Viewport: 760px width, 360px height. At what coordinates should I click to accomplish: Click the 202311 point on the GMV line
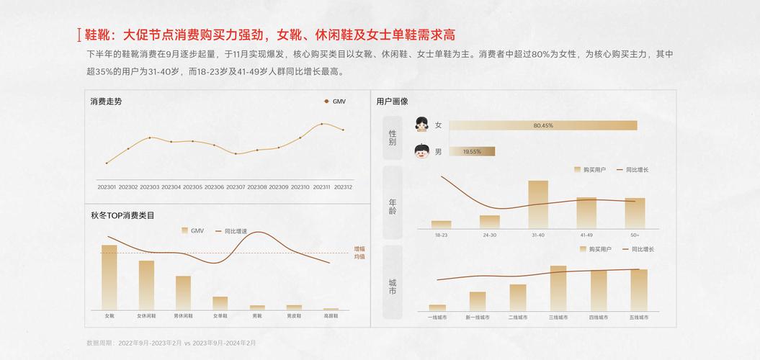tap(321, 124)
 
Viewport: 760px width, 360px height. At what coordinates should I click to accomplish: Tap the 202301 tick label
tap(107, 187)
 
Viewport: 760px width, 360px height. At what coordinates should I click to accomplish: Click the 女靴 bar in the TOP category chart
tap(109, 276)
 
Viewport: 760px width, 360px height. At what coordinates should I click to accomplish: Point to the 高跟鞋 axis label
tap(331, 316)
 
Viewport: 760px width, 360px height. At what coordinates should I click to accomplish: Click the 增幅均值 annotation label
tap(359, 252)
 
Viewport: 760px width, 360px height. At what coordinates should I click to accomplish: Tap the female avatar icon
tap(422, 125)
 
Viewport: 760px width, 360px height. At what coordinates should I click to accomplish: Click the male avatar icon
tap(422, 151)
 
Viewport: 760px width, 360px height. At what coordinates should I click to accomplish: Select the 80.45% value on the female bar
tap(543, 125)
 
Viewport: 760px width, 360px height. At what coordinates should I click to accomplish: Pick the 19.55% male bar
tap(472, 151)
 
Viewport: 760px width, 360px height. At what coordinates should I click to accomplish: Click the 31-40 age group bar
tap(538, 204)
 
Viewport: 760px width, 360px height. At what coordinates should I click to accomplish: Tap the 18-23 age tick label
tap(441, 235)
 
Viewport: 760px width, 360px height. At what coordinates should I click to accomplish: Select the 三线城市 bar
tap(558, 288)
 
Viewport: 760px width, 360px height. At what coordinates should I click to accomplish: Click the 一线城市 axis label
tap(437, 317)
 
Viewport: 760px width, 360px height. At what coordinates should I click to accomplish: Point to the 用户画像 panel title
tap(392, 102)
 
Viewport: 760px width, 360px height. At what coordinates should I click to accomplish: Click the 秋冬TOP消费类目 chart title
tap(122, 215)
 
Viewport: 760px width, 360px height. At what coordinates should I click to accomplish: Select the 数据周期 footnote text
tap(171, 343)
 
